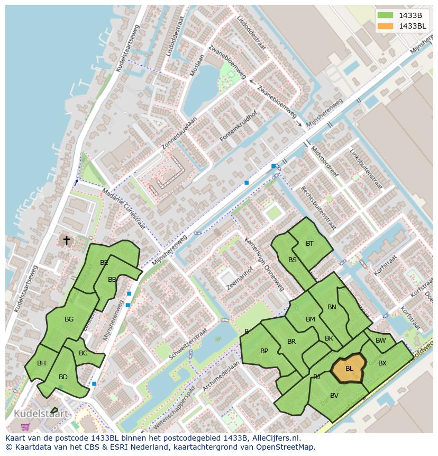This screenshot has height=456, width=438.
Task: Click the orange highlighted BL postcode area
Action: (348, 368)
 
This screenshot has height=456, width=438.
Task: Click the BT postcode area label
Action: (309, 244)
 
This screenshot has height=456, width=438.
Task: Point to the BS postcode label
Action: (293, 260)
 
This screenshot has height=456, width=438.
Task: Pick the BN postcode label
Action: (332, 307)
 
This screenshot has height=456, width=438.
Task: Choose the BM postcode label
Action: (311, 319)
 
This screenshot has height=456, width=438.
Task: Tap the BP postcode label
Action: (264, 351)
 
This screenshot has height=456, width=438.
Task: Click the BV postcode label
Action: (334, 396)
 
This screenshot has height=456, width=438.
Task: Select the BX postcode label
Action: (382, 363)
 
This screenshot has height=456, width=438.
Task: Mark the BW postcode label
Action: (380, 341)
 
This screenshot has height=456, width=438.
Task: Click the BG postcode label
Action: (69, 319)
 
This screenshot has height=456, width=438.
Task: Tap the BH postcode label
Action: (42, 363)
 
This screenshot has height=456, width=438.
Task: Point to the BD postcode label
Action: (63, 377)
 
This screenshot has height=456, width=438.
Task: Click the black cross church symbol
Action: (67, 240)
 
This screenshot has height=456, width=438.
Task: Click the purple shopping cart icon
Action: (25, 426)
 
